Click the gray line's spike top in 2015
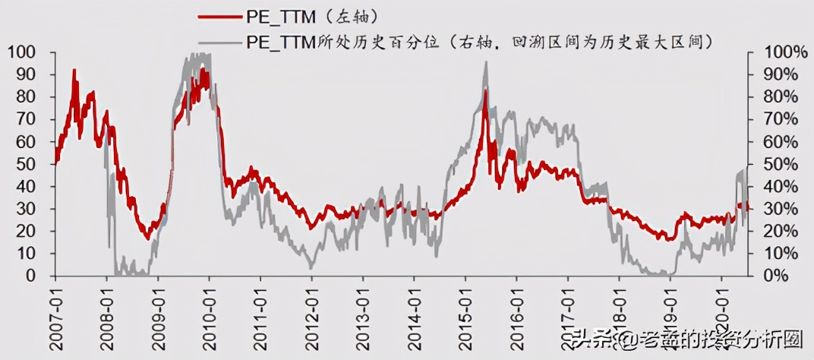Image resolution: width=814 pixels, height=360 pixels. pyautogui.click(x=486, y=62)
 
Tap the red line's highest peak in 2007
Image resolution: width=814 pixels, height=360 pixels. pyautogui.click(x=74, y=70)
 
